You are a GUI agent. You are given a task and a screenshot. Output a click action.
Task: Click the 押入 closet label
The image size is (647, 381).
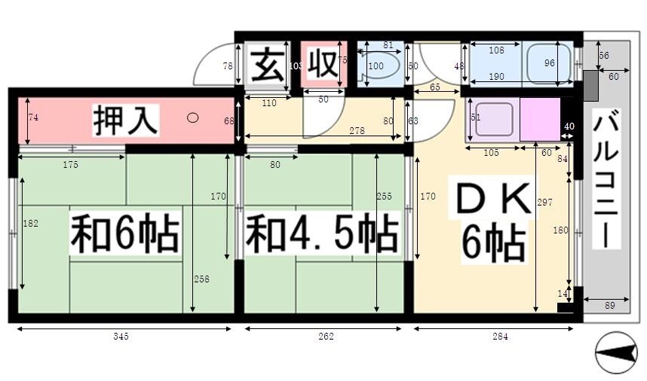(125, 120)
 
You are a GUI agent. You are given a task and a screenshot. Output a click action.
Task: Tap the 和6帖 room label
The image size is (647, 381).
(125, 235)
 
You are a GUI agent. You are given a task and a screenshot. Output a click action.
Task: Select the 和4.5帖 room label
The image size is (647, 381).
(322, 235)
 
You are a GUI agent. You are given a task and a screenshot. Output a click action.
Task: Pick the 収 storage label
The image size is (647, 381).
(322, 64)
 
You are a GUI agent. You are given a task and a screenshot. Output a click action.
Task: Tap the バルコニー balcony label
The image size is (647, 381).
(606, 178)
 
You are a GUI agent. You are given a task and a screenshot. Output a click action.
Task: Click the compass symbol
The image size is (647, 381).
(616, 352)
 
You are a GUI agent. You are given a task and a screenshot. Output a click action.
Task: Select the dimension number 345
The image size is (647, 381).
(121, 337)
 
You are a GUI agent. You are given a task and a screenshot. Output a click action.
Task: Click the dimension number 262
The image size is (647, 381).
(326, 337)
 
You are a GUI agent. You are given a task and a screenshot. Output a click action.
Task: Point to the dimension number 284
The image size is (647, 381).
(500, 337)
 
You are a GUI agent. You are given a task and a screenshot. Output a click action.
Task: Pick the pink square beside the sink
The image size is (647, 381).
(540, 120)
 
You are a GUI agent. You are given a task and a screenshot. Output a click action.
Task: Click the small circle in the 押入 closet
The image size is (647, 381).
(193, 117)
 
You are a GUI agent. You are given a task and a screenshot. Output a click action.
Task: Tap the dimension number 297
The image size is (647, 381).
(544, 203)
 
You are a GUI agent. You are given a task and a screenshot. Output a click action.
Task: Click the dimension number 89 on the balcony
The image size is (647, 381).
(609, 306)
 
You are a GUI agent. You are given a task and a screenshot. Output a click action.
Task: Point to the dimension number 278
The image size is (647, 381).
(357, 130)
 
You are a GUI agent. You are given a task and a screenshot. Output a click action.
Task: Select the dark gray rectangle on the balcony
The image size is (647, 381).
(591, 86)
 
